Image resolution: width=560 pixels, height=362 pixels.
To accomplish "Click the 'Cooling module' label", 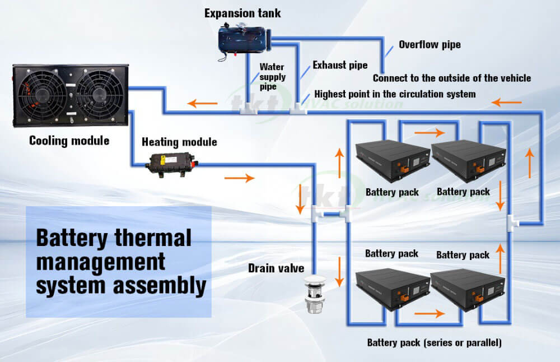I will pyautogui.click(x=69, y=140).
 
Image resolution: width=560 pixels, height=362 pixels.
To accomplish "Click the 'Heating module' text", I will pyautogui.click(x=179, y=142).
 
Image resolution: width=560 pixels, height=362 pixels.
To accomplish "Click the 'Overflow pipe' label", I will pyautogui.click(x=430, y=44).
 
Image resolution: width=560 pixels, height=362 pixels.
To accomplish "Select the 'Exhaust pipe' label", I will pyautogui.click(x=340, y=66).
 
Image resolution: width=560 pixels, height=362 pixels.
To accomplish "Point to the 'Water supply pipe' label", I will pyautogui.click(x=272, y=77).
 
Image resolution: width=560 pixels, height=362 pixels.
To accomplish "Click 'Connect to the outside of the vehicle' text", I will pyautogui.click(x=452, y=78).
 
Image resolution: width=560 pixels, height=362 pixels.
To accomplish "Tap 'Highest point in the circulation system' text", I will pyautogui.click(x=395, y=94).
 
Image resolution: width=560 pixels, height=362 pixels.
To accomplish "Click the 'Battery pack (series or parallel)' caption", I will pyautogui.click(x=434, y=342).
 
